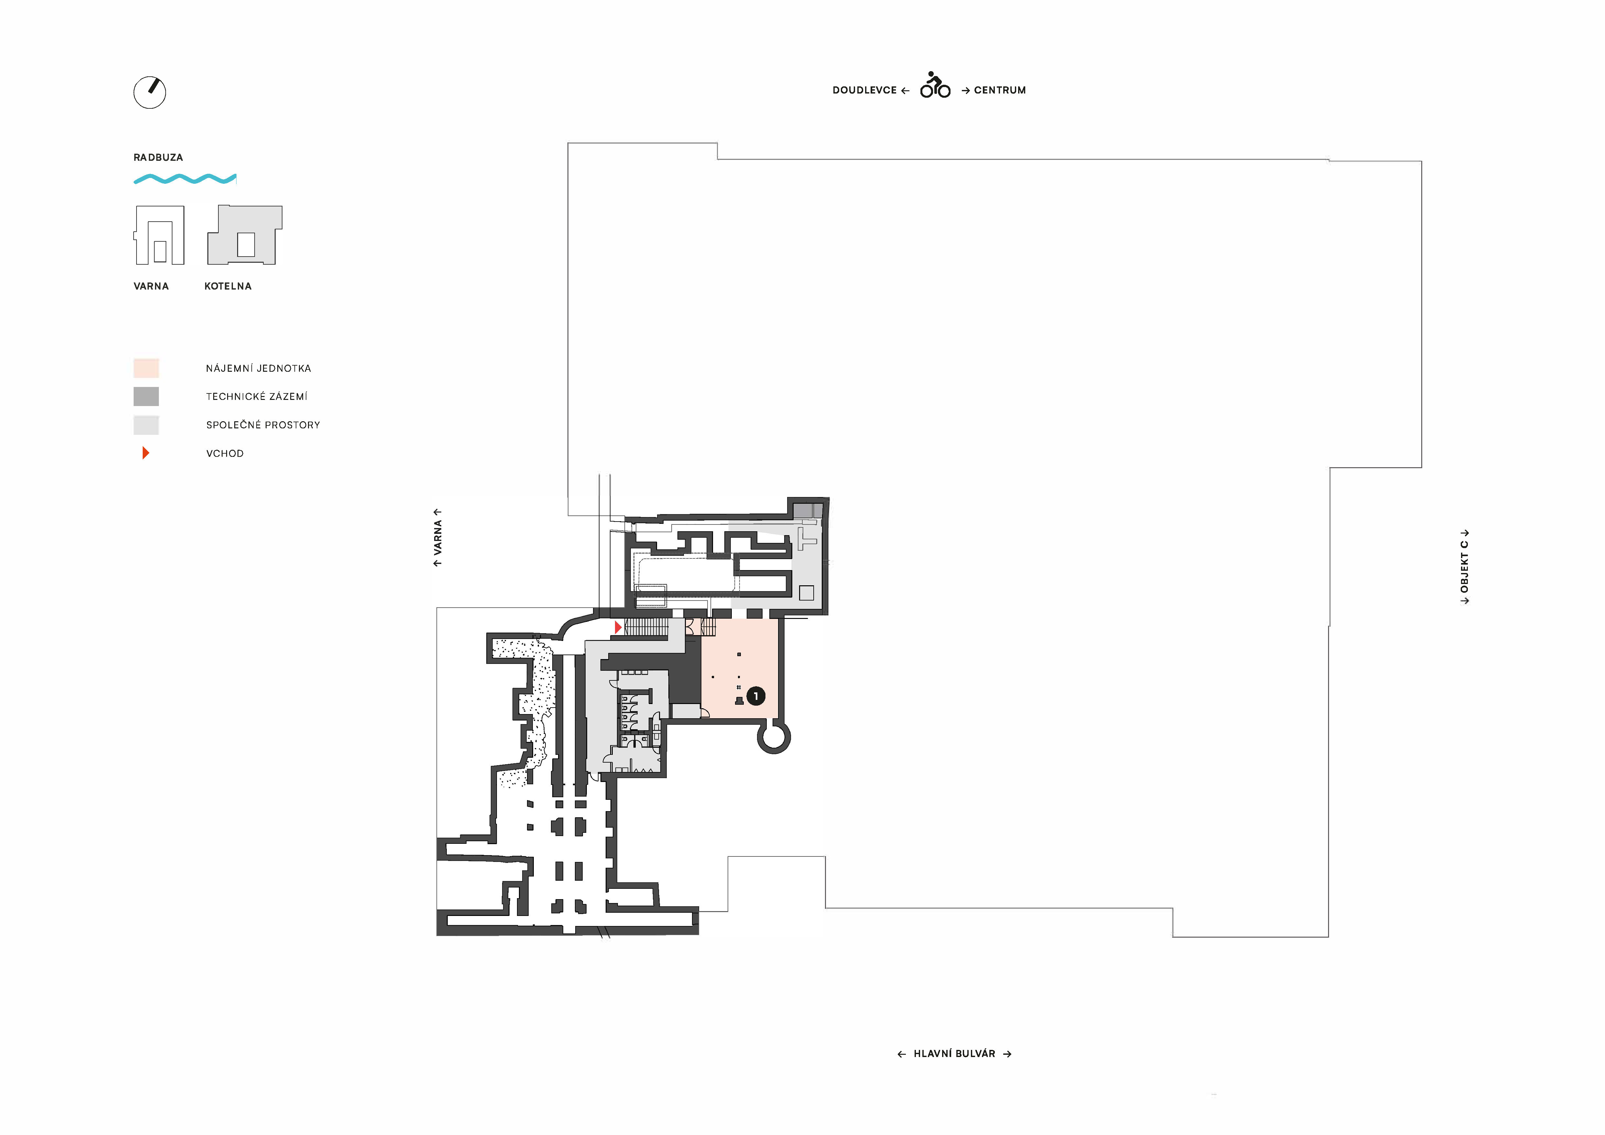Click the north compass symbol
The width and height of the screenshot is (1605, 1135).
pos(149,92)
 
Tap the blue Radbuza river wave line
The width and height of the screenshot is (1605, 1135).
pos(185,179)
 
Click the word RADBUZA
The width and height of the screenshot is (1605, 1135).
pos(158,157)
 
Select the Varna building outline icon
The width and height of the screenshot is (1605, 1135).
pos(159,235)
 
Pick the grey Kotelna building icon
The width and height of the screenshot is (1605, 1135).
pos(245,235)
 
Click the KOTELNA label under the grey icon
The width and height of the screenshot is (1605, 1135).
pos(228,286)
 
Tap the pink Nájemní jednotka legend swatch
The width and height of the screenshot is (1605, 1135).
pos(146,368)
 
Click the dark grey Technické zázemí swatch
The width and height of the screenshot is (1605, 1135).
pos(146,396)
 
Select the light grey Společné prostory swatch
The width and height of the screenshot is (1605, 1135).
pos(146,425)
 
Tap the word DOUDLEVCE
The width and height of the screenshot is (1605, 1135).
pos(865,90)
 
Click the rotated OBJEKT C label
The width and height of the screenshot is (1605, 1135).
pos(1465,566)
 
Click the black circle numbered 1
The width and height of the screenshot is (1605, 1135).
pos(756,696)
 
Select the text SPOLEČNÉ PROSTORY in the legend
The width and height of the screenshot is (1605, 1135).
pos(263,425)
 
